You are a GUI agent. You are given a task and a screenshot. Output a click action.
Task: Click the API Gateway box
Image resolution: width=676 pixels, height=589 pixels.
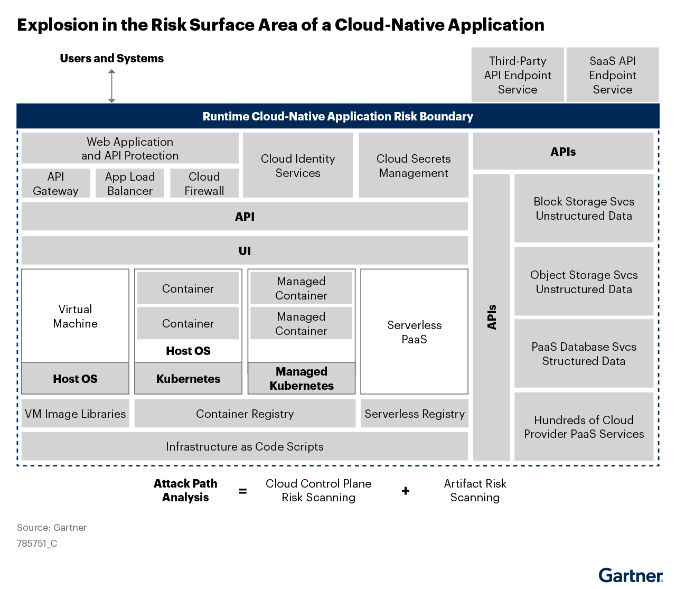click(55, 183)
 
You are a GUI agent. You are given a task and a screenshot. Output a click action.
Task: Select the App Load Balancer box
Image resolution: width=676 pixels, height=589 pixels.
click(130, 183)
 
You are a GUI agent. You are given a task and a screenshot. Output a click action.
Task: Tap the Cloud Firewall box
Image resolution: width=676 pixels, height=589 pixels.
click(204, 183)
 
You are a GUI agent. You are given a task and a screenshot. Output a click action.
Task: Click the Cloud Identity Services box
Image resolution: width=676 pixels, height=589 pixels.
click(298, 165)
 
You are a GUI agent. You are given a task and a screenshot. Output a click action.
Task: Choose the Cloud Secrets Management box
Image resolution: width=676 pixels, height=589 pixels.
click(414, 165)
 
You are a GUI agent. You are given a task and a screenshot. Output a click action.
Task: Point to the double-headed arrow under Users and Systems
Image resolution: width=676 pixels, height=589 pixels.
click(111, 86)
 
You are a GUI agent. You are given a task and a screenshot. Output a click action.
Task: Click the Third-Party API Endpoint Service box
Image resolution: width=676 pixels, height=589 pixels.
click(518, 74)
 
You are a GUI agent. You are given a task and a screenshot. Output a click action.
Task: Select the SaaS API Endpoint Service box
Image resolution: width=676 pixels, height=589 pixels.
click(613, 74)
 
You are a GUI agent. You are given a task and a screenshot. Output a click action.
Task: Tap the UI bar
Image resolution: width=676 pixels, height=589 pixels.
click(245, 250)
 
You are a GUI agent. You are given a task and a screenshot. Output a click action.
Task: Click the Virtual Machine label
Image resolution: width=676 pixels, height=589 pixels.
click(76, 316)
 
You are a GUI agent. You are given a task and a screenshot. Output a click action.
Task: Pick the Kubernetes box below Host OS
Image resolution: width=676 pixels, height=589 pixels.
click(188, 378)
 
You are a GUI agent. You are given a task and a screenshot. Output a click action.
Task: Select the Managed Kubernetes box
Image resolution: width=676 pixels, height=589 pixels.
click(302, 378)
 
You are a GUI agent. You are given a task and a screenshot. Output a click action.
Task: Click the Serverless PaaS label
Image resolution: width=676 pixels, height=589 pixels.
click(415, 332)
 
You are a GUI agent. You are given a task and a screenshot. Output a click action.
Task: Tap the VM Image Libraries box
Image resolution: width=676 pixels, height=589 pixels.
click(76, 413)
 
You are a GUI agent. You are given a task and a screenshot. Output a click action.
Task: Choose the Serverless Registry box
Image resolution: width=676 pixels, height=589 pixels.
click(415, 413)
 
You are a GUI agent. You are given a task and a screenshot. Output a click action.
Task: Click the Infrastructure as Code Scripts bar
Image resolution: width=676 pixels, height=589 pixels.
click(245, 446)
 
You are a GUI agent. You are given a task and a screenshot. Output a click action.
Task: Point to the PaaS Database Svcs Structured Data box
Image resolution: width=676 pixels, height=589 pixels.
click(584, 353)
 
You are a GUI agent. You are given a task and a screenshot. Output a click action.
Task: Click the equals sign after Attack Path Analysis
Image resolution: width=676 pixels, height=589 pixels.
click(243, 491)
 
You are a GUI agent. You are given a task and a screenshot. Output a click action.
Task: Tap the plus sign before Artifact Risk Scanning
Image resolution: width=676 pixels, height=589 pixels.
click(406, 491)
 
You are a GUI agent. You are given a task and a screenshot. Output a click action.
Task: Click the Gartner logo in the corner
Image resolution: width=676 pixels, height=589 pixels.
click(631, 575)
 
